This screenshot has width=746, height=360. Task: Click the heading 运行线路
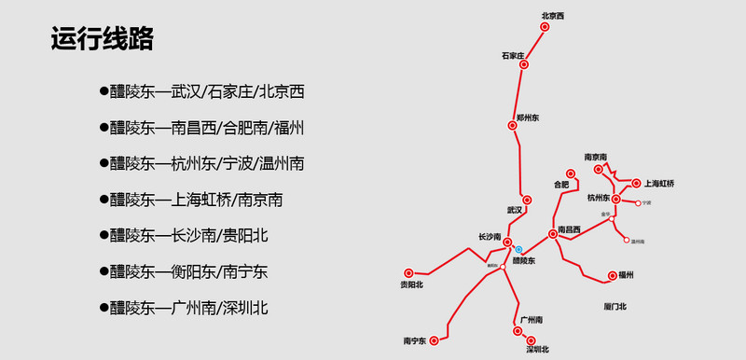[x=103, y=40]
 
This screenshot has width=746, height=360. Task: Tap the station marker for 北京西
[x=546, y=26]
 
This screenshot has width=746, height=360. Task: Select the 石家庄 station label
[x=514, y=57]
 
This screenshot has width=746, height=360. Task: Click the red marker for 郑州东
[x=512, y=126]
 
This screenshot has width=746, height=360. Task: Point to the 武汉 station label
[x=515, y=210]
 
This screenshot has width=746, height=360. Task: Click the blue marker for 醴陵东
[x=518, y=249]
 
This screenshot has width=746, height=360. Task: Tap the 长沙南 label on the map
[x=490, y=236]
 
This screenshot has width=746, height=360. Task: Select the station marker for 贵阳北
[x=408, y=273]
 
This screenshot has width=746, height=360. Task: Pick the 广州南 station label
[x=532, y=320]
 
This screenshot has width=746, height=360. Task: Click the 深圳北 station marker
[x=518, y=330]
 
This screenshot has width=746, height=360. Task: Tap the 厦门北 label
[x=615, y=306]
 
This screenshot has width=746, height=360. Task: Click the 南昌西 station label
[x=569, y=228]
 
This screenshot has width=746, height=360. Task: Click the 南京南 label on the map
[x=596, y=156]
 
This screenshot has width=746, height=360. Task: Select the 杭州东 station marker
[x=616, y=199]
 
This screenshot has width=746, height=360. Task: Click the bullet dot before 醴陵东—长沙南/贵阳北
[x=104, y=234]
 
